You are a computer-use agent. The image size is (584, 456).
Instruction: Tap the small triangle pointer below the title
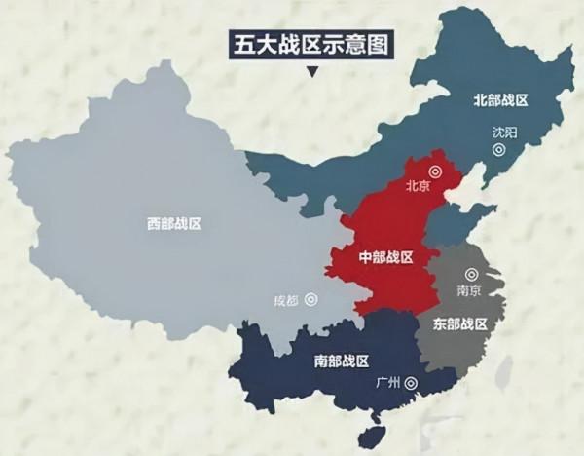310,71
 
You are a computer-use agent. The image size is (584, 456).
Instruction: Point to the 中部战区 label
386,257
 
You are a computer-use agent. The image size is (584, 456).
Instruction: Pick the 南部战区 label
343,361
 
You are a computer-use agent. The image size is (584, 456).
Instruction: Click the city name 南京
470,290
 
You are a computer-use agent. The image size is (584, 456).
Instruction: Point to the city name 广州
386,383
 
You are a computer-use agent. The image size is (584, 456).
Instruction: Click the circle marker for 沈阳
499,150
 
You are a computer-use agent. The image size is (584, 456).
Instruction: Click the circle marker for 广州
410,383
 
